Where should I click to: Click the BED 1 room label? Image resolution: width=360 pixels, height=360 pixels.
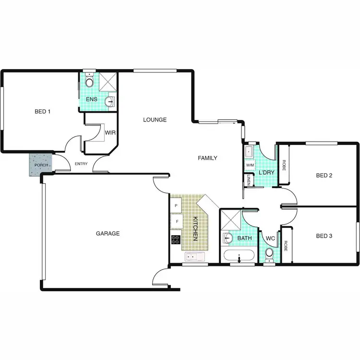tap(42, 111)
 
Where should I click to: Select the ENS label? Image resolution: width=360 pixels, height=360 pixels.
tap(91, 99)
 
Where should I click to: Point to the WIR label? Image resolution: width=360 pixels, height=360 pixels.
tap(110, 132)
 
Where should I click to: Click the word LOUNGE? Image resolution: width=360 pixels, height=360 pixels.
tap(155, 120)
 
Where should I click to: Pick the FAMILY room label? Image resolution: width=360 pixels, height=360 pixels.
tap(208, 158)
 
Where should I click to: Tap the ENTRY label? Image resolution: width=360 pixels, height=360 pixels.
tap(82, 165)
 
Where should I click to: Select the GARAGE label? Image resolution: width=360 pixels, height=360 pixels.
tap(108, 234)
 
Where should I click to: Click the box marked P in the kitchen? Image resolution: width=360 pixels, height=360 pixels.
tap(176, 205)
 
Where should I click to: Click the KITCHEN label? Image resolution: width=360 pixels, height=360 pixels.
tap(195, 229)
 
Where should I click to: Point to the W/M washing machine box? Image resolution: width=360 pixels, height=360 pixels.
tap(250, 165)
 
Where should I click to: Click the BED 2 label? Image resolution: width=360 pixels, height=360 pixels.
tap(324, 175)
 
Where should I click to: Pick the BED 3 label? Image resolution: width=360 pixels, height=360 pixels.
tap(324, 236)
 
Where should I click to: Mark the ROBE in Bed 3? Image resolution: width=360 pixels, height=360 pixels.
tap(286, 246)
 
